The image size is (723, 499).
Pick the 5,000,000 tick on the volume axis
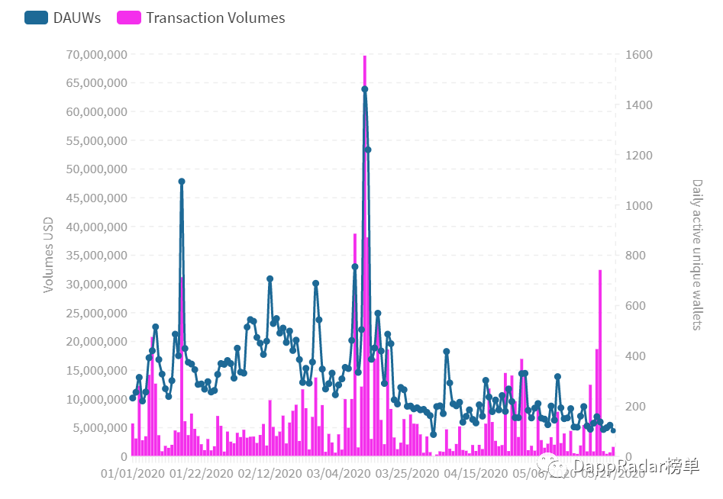(x=98, y=427)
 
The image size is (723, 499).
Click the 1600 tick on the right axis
(x=638, y=55)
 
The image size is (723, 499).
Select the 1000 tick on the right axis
(x=638, y=206)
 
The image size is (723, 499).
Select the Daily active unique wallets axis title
(x=696, y=255)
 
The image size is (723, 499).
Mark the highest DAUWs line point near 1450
(x=365, y=89)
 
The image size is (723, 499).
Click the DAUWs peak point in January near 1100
(x=182, y=182)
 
